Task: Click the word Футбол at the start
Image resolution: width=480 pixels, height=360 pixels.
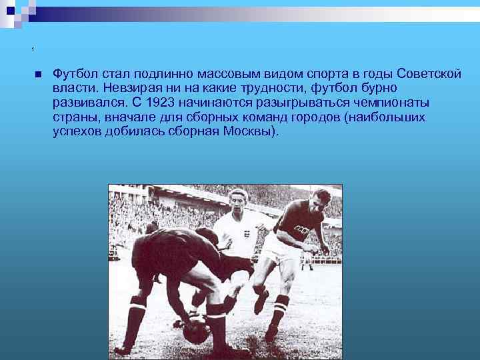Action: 73,73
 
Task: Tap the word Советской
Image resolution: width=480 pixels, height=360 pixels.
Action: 429,73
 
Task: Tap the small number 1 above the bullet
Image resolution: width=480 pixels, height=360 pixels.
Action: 32,51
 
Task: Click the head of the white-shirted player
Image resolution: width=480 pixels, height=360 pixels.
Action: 238,199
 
